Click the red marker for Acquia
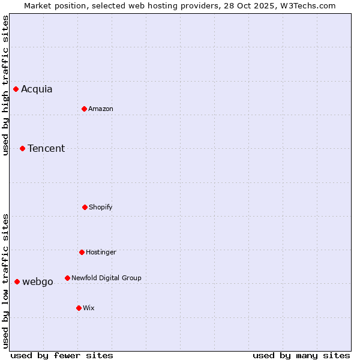[16, 89]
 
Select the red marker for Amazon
[85, 109]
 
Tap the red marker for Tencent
[23, 148]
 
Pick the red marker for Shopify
[85, 207]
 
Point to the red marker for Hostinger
[82, 252]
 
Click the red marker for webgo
[17, 281]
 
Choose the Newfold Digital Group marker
[67, 278]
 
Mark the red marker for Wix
[79, 308]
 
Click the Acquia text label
[37, 89]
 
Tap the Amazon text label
[101, 109]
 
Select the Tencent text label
[46, 148]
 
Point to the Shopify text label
[101, 207]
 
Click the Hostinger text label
[101, 252]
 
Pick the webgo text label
[38, 281]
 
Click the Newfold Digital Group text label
[106, 278]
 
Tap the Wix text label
[89, 308]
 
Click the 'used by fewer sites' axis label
[62, 355]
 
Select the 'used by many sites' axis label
[301, 355]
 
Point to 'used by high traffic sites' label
[5, 85]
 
